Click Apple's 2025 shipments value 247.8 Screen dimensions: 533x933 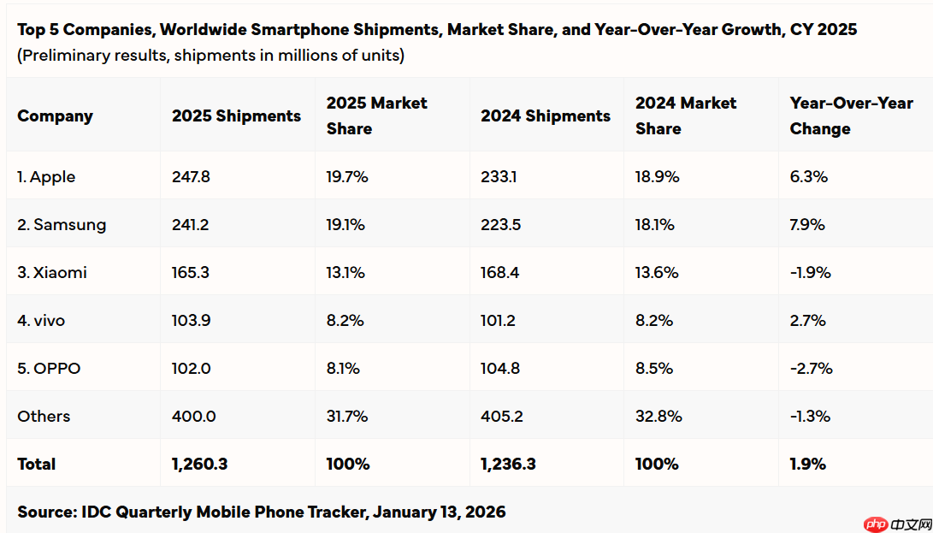(191, 177)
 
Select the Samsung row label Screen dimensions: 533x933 (62, 225)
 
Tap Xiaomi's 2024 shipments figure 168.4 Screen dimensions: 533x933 (501, 273)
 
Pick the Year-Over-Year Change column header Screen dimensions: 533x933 (852, 115)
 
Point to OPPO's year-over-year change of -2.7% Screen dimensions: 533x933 (811, 369)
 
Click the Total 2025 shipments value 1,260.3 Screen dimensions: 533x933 (199, 465)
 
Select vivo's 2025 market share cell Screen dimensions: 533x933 (345, 321)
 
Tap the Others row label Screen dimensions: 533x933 (44, 417)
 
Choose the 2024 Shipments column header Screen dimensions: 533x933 (546, 115)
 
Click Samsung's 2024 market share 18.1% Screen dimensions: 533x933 (655, 225)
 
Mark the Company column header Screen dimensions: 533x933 (55, 115)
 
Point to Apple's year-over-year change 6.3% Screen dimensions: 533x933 (808, 177)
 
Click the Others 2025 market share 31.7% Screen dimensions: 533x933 (347, 417)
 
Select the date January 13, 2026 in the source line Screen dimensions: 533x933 (440, 512)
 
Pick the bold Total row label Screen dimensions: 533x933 (36, 465)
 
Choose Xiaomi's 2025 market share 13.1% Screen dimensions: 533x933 (345, 273)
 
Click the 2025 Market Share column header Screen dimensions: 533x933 (376, 115)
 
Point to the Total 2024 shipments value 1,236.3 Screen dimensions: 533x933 (509, 465)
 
